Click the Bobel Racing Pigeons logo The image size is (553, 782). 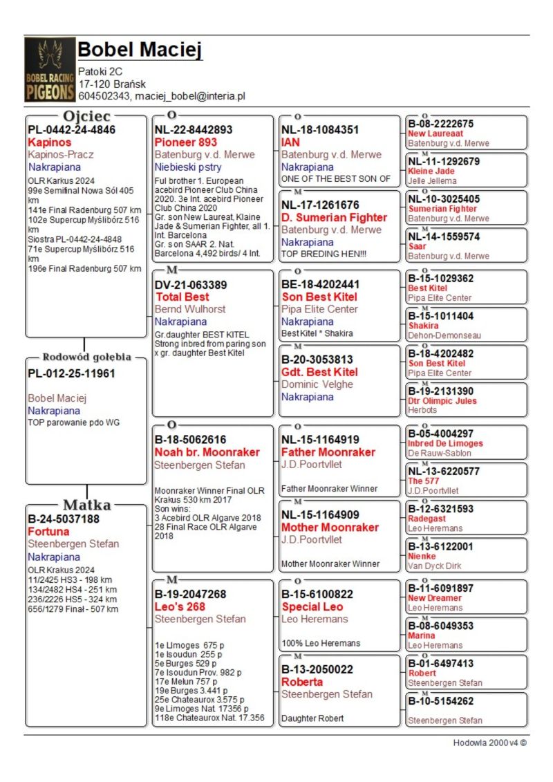(x=50, y=70)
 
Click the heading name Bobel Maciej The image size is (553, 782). (x=140, y=50)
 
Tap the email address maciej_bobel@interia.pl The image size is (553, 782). (x=190, y=96)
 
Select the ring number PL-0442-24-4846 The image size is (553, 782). (x=71, y=129)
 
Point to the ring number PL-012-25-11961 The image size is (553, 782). (x=71, y=373)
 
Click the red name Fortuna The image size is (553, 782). (x=48, y=532)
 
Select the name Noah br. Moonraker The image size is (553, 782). (x=207, y=452)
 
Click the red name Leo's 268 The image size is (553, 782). (x=180, y=606)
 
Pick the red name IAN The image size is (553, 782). (x=290, y=142)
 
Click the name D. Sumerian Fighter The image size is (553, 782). (x=334, y=218)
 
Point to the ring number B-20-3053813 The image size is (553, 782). (x=317, y=360)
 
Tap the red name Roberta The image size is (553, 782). (x=302, y=682)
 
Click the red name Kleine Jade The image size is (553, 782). (x=431, y=171)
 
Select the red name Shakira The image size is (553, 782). (x=423, y=326)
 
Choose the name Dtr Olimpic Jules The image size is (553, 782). (x=442, y=401)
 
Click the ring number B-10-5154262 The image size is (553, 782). (x=440, y=701)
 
